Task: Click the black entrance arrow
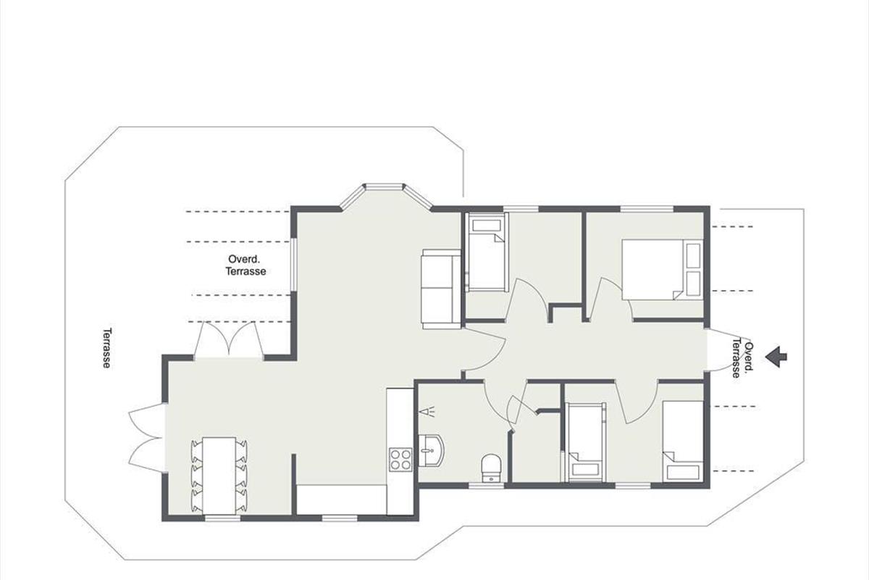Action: [776, 357]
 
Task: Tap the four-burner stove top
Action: [400, 460]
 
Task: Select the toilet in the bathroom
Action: [492, 468]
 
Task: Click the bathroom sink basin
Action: [431, 450]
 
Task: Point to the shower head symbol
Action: [427, 411]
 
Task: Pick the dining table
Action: [219, 476]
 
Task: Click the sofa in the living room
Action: [441, 289]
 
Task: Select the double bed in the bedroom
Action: [663, 270]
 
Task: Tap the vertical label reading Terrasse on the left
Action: [107, 348]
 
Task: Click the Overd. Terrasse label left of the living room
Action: [246, 265]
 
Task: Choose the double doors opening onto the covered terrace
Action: [229, 339]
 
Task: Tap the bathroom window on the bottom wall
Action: [486, 485]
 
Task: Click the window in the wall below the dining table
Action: [223, 518]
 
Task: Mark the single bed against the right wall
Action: [683, 442]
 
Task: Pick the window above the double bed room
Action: [647, 209]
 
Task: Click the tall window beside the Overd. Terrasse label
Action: [294, 264]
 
